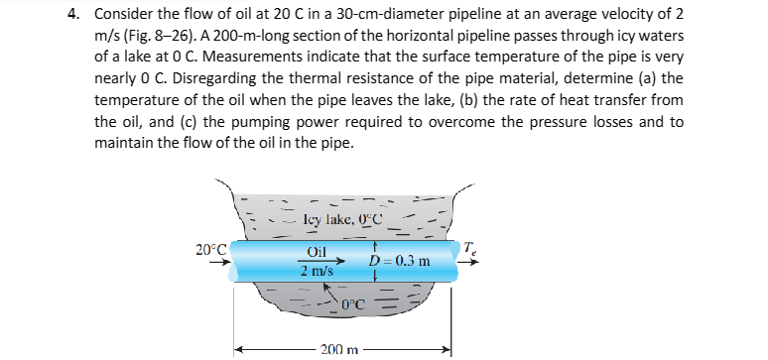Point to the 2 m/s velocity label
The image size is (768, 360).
(x=320, y=271)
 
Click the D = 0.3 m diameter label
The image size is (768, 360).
(x=399, y=262)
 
